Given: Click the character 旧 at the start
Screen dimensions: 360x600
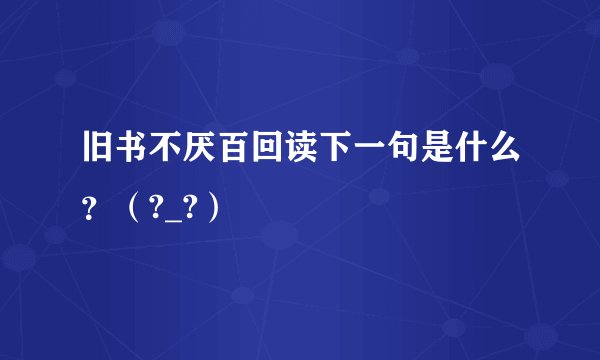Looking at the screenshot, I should click(x=98, y=157).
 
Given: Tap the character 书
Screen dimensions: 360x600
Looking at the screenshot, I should click(x=133, y=157).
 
